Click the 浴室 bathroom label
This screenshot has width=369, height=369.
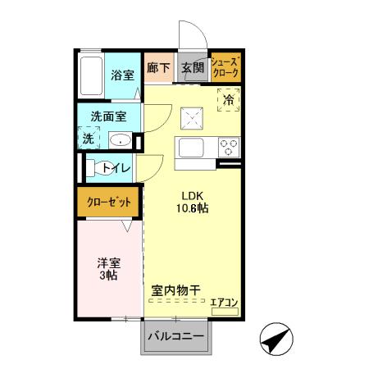[x=123, y=75]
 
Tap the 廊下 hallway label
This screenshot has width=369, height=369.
[x=159, y=69]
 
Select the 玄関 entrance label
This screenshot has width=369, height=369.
[x=193, y=69]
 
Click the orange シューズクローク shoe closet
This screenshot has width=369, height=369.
[x=225, y=67]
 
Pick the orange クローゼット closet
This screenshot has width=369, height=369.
[x=107, y=201]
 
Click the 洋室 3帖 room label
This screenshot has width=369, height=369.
[x=109, y=269]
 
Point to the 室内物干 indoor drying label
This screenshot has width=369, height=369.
[x=176, y=290]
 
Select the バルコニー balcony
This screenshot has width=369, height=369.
[x=175, y=336]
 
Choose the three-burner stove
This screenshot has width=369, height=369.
[x=227, y=148]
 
